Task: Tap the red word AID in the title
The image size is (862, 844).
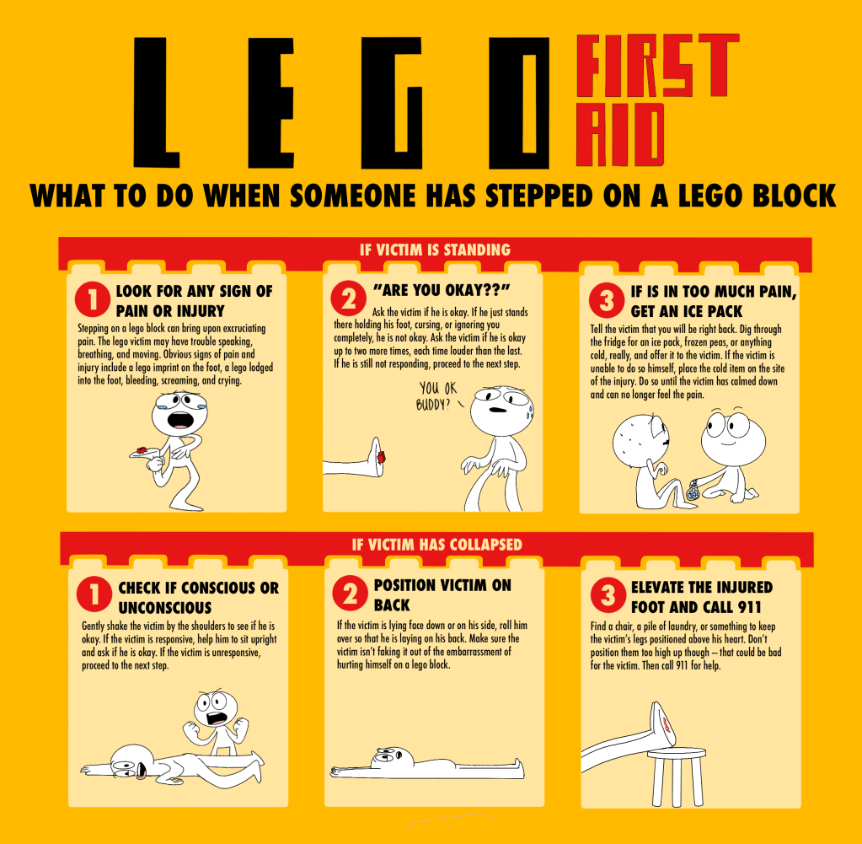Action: coord(620,135)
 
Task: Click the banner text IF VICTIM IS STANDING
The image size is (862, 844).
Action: coord(435,250)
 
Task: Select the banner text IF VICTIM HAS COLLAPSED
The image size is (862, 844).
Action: coord(437,545)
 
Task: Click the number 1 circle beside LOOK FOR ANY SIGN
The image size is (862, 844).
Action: coord(93,299)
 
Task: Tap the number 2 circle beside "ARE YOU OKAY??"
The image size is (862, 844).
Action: coord(349,298)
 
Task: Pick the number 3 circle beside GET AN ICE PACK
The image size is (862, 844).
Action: coord(607,300)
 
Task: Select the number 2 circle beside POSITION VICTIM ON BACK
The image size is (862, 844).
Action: coord(351,593)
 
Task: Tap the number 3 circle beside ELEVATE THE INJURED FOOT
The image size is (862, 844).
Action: coord(608,594)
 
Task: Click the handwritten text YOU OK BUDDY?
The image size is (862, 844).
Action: coord(437,396)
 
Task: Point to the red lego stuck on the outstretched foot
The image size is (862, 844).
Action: coord(382,457)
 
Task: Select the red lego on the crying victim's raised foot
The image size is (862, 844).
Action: coord(142,449)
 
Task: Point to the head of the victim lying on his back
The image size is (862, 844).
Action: coord(392,759)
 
